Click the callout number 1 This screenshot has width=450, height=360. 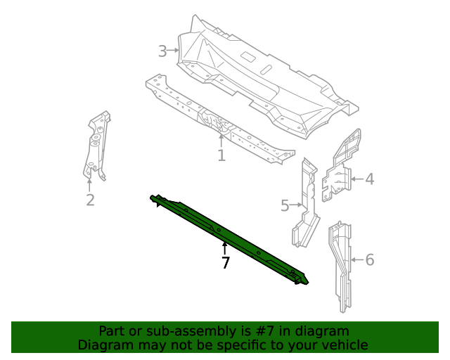(221, 155)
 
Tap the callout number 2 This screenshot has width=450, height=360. (90, 200)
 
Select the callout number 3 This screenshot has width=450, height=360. (162, 51)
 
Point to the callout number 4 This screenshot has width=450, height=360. (370, 179)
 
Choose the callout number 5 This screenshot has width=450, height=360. (285, 205)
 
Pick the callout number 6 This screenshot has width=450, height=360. (370, 259)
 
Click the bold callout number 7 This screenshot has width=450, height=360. (226, 262)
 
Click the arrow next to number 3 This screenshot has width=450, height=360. (173, 50)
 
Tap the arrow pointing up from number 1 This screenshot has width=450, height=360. (221, 141)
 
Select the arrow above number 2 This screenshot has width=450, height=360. (89, 185)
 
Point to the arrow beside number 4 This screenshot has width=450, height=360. (357, 179)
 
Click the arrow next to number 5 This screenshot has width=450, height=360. (296, 205)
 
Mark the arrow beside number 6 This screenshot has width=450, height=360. (357, 259)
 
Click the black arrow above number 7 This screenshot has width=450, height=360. (225, 249)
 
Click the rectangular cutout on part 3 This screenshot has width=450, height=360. (247, 56)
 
